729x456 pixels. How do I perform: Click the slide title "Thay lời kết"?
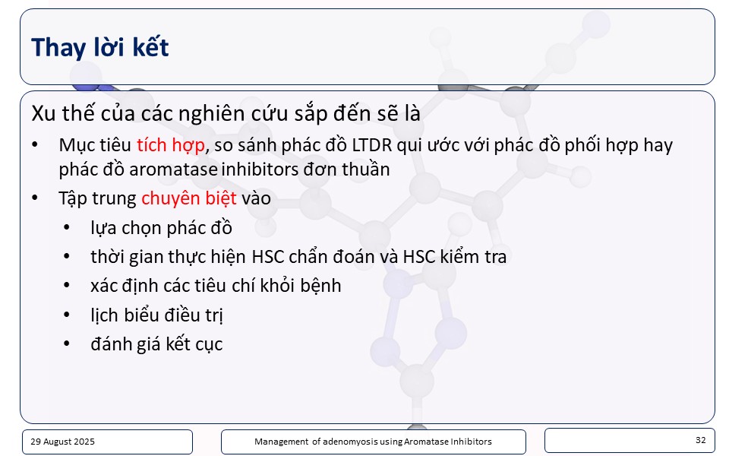(100, 47)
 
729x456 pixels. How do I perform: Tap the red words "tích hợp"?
(171, 146)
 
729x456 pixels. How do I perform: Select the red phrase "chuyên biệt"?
(189, 198)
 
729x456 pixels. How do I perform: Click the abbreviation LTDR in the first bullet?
(372, 145)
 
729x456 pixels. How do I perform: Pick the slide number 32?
(701, 440)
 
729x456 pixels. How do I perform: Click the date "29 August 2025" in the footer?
(62, 442)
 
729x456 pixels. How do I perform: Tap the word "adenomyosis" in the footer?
(346, 442)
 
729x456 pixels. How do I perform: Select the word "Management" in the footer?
(281, 442)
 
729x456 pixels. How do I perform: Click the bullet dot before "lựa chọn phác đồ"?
(67, 228)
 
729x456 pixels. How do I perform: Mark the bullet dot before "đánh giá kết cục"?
(67, 344)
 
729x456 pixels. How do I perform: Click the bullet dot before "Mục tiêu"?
(35, 145)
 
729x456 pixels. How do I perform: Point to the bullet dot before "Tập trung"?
(35, 198)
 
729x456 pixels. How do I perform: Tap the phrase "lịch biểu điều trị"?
(156, 315)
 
